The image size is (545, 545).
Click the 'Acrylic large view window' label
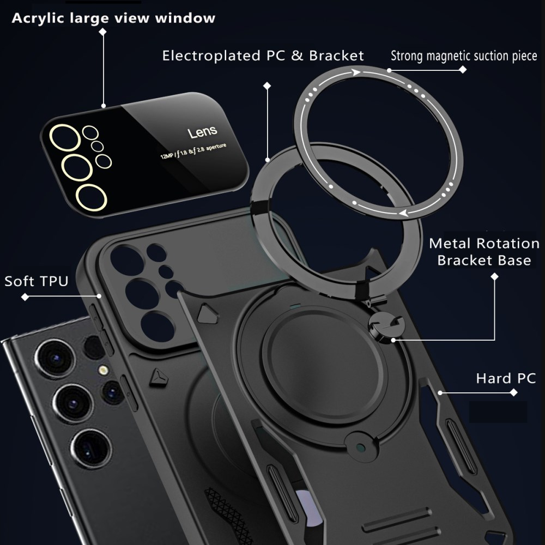point(113,19)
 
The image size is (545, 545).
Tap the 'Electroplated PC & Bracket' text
point(263,56)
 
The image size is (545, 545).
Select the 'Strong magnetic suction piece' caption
point(464,56)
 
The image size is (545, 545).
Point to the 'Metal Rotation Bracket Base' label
point(484,251)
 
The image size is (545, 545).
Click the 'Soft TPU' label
point(37,281)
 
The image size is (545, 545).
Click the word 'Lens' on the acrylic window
point(202,132)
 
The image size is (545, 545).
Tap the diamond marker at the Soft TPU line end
point(25,297)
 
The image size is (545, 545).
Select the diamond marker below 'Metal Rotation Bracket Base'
point(495,277)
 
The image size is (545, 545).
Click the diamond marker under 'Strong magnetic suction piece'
point(463,70)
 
